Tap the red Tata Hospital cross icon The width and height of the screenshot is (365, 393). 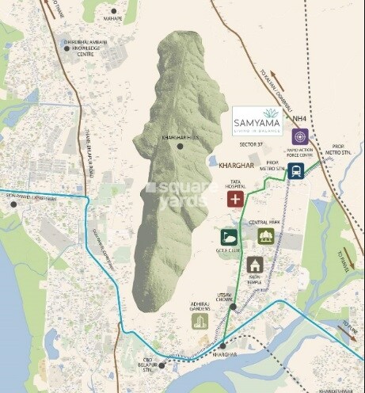(x=235, y=199)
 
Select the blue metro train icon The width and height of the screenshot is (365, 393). (x=296, y=170)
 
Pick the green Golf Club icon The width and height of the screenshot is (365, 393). (x=229, y=237)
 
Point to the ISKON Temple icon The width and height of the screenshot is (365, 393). (x=254, y=265)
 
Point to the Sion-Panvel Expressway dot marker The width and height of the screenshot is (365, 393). (x=13, y=204)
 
